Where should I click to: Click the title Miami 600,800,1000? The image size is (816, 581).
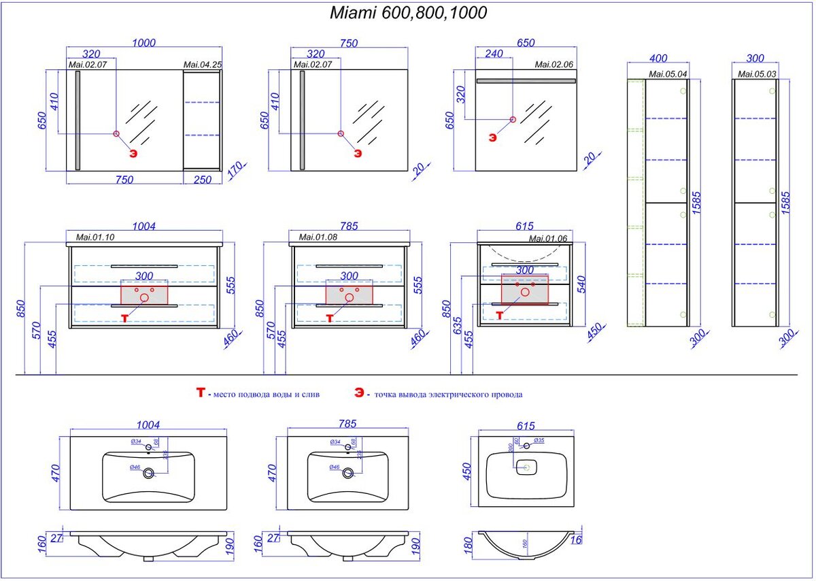(x=408, y=13)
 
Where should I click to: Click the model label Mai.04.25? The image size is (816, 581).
(x=203, y=65)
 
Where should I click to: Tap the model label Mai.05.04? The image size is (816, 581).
(x=668, y=73)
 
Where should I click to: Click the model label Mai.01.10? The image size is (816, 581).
(x=95, y=238)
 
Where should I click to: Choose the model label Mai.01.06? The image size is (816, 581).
(x=547, y=238)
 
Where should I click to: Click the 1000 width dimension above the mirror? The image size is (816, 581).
(x=143, y=43)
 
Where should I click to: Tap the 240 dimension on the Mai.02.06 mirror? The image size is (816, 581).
(x=494, y=54)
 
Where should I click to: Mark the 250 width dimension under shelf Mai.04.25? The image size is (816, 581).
(x=203, y=180)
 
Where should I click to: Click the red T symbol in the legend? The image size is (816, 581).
(x=200, y=393)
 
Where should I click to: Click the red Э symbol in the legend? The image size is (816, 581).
(x=358, y=393)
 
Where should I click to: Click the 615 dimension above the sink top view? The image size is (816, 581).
(x=526, y=426)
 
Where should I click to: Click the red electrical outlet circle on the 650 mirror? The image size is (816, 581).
(x=513, y=120)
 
